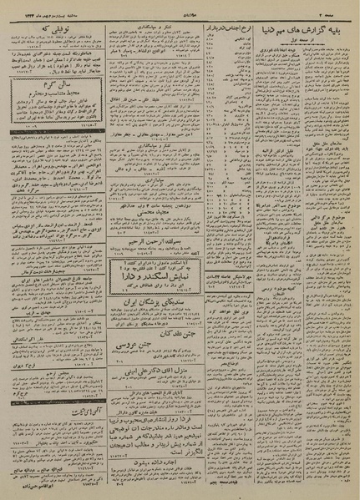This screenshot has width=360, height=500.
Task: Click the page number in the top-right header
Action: [344, 7]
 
